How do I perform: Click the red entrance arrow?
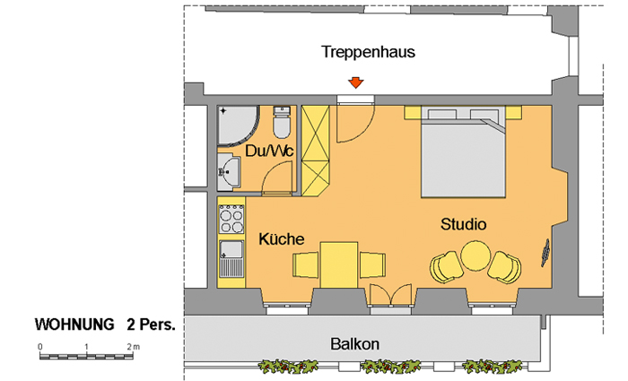pyautogui.click(x=355, y=82)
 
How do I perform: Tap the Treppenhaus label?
pyautogui.click(x=368, y=52)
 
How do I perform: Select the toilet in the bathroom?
pyautogui.click(x=282, y=122)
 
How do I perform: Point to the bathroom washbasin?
pyautogui.click(x=229, y=172)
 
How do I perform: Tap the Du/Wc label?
pyautogui.click(x=269, y=151)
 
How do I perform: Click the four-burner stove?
pyautogui.click(x=231, y=219)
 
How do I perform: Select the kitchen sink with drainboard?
pyautogui.click(x=231, y=259)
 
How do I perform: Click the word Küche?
pyautogui.click(x=281, y=239)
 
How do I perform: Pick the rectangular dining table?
pyautogui.click(x=339, y=264)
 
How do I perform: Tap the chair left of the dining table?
pyautogui.click(x=306, y=264)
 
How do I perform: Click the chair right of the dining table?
pyautogui.click(x=372, y=264)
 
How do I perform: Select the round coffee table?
pyautogui.click(x=475, y=255)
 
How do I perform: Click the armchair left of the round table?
pyautogui.click(x=446, y=267)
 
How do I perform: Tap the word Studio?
pyautogui.click(x=464, y=224)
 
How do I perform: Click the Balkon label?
pyautogui.click(x=355, y=344)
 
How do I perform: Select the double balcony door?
pyautogui.click(x=390, y=295)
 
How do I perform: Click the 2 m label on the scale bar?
pyautogui.click(x=134, y=347)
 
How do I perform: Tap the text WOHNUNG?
pyautogui.click(x=74, y=325)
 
